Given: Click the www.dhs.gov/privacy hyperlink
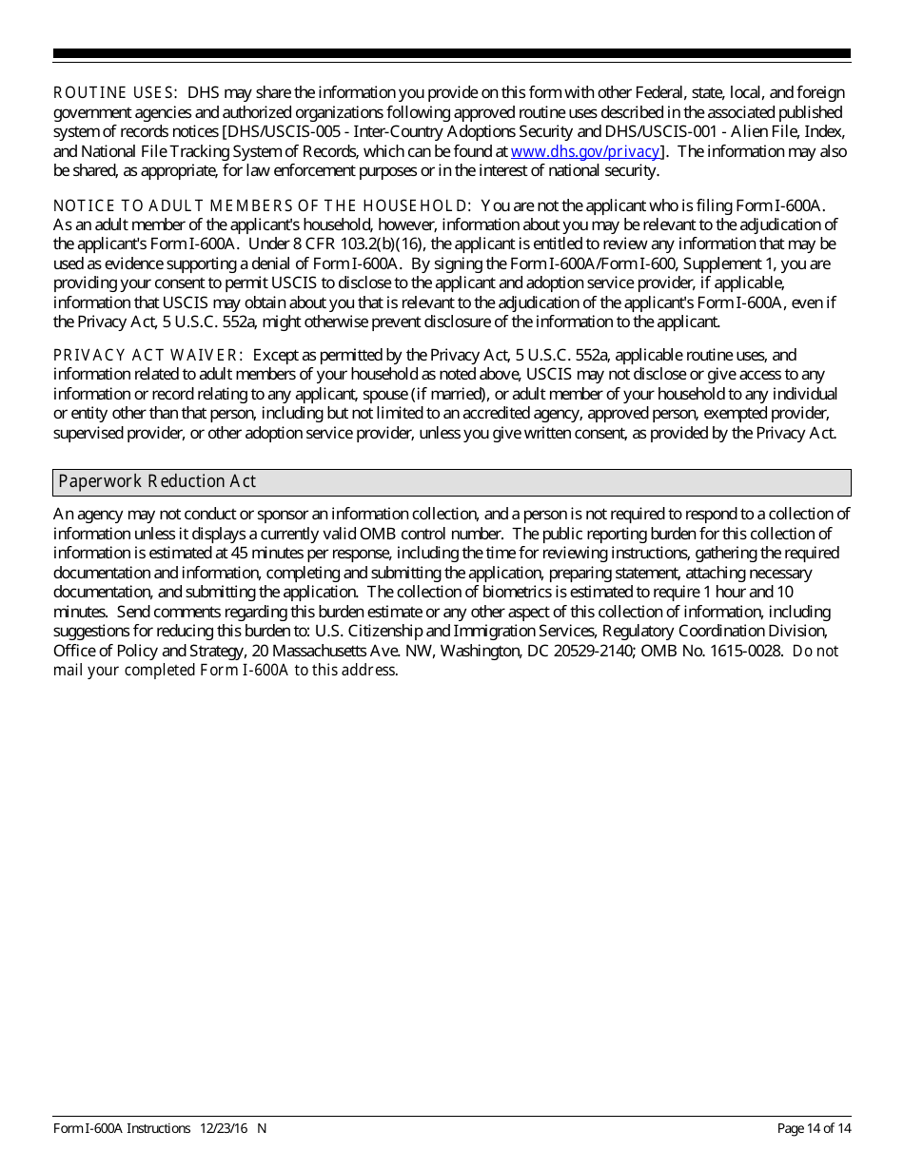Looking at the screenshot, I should pyautogui.click(x=585, y=151).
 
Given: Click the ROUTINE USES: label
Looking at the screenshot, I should pyautogui.click(x=115, y=93).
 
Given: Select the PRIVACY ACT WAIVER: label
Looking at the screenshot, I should pyautogui.click(x=148, y=356).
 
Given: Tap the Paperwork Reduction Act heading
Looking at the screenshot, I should pyautogui.click(x=158, y=481).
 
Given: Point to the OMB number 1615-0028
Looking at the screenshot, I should pyautogui.click(x=749, y=651).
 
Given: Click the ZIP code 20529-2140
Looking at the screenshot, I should pyautogui.click(x=599, y=651).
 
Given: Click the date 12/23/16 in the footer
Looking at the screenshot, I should pyautogui.click(x=225, y=1128).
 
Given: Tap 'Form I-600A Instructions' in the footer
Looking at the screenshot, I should pyautogui.click(x=122, y=1128).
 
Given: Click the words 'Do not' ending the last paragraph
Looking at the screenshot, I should pyautogui.click(x=816, y=652).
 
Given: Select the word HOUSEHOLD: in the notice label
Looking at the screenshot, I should pyautogui.click(x=417, y=205).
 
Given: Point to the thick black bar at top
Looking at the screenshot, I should pyautogui.click(x=452, y=53).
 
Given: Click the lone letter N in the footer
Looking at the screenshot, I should pyautogui.click(x=262, y=1128).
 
